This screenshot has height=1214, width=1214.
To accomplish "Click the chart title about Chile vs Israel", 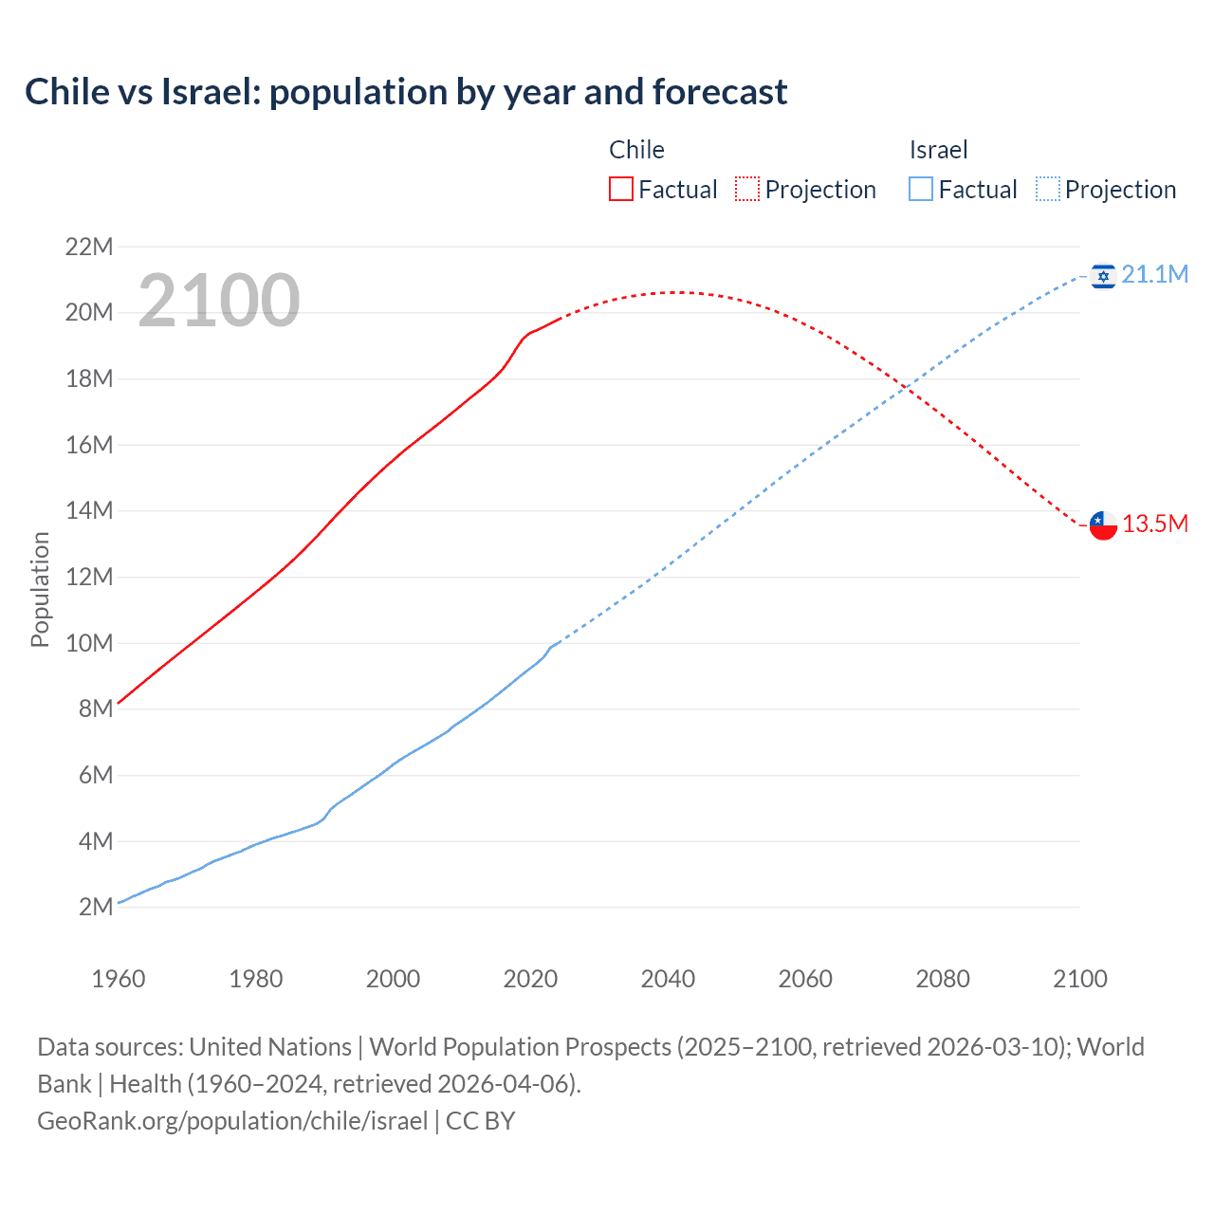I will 406,92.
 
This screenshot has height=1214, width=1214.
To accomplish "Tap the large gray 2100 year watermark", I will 219,301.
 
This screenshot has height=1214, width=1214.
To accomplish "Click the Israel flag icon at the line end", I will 1103,276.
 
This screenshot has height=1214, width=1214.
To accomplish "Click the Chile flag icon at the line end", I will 1103,524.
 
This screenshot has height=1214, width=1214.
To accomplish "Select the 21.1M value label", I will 1154,275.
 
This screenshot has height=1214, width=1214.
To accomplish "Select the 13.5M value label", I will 1154,524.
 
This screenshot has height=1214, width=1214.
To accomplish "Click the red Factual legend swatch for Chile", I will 620,189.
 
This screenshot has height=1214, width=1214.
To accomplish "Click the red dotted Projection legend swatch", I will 747,189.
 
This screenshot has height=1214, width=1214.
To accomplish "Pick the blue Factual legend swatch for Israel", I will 920,189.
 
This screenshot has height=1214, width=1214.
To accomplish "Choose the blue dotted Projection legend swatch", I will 1047,189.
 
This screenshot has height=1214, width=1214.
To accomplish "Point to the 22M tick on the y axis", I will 89,248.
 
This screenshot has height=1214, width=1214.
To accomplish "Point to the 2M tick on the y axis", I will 96,907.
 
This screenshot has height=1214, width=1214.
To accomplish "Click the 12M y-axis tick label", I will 89,577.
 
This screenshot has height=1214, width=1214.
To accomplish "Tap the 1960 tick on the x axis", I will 119,979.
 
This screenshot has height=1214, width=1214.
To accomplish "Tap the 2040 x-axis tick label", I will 668,979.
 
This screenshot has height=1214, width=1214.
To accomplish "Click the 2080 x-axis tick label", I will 943,979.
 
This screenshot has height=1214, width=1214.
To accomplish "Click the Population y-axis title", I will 40,589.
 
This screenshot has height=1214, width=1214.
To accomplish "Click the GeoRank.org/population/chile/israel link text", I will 232,1121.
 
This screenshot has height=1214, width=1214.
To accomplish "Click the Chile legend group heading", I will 636,150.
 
